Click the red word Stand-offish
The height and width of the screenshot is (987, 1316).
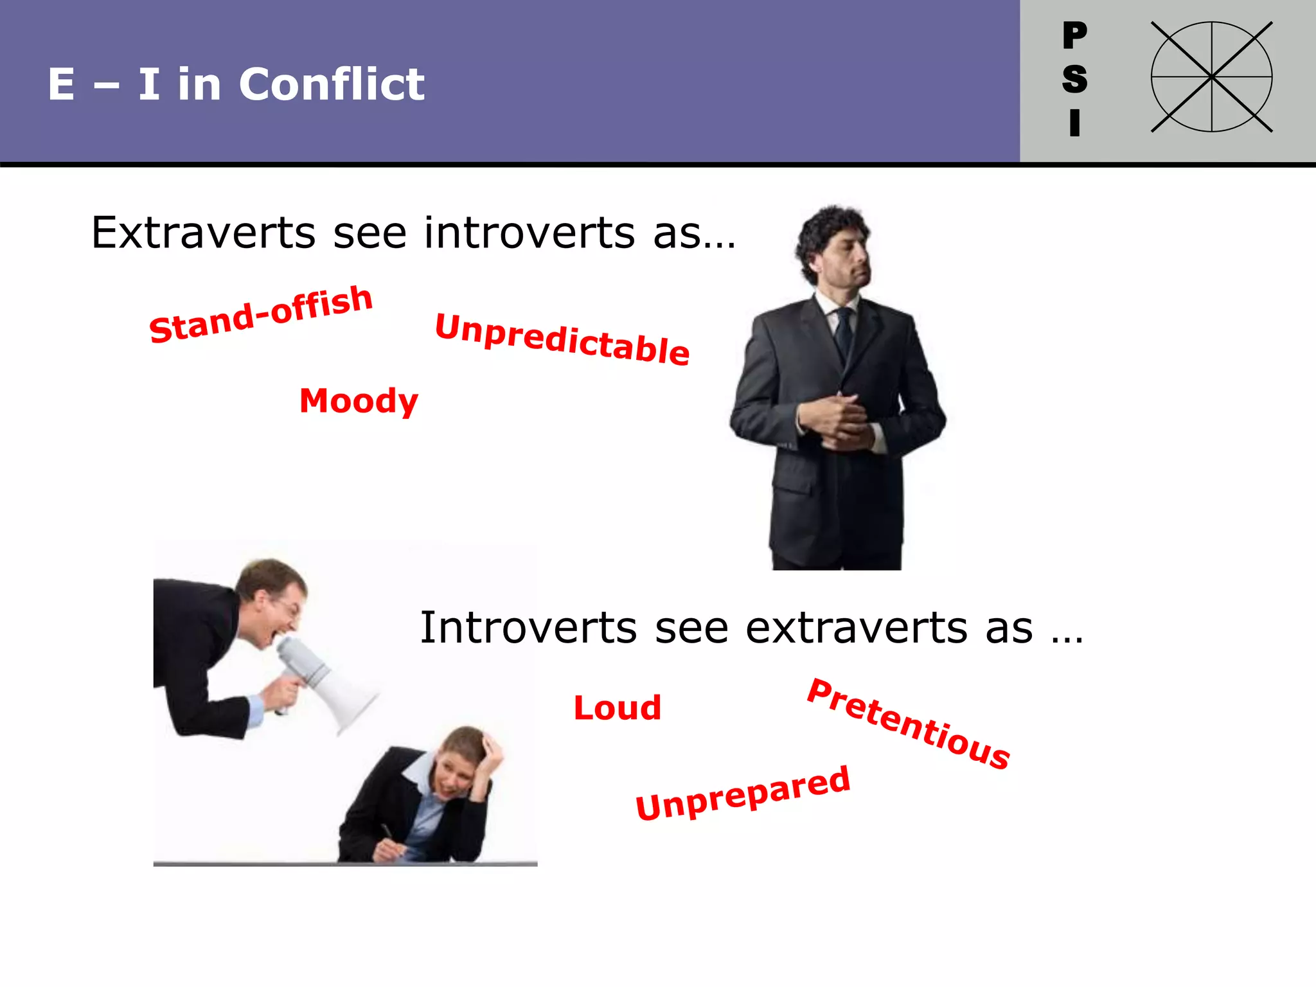[261, 314]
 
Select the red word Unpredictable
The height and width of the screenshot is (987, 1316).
[562, 339]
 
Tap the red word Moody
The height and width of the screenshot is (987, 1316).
[359, 401]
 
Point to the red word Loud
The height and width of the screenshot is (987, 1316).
[617, 707]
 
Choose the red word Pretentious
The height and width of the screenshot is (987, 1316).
[909, 724]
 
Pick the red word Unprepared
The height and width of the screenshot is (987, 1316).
[743, 794]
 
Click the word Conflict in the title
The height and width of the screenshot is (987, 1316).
[332, 84]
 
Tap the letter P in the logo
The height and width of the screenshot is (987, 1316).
[1074, 35]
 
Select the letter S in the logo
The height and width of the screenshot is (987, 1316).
[1074, 79]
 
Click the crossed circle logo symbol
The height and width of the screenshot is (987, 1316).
[1211, 77]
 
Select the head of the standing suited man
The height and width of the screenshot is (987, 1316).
[835, 247]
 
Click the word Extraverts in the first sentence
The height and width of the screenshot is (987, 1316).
[203, 233]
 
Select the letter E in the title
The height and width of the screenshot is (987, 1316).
[62, 84]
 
